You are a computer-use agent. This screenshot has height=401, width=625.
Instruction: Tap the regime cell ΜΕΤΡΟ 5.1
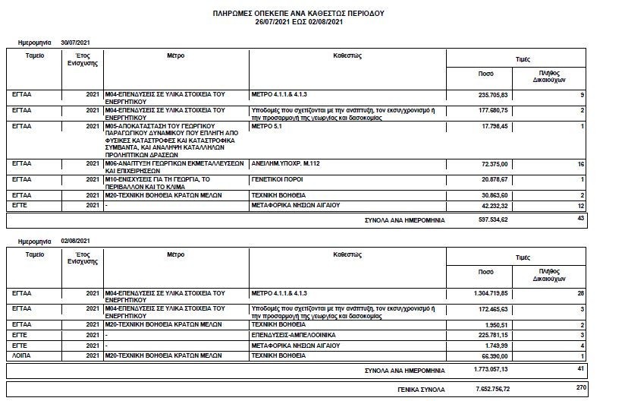click(268, 125)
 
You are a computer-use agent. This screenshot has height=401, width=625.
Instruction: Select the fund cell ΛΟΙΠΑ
click(23, 355)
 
